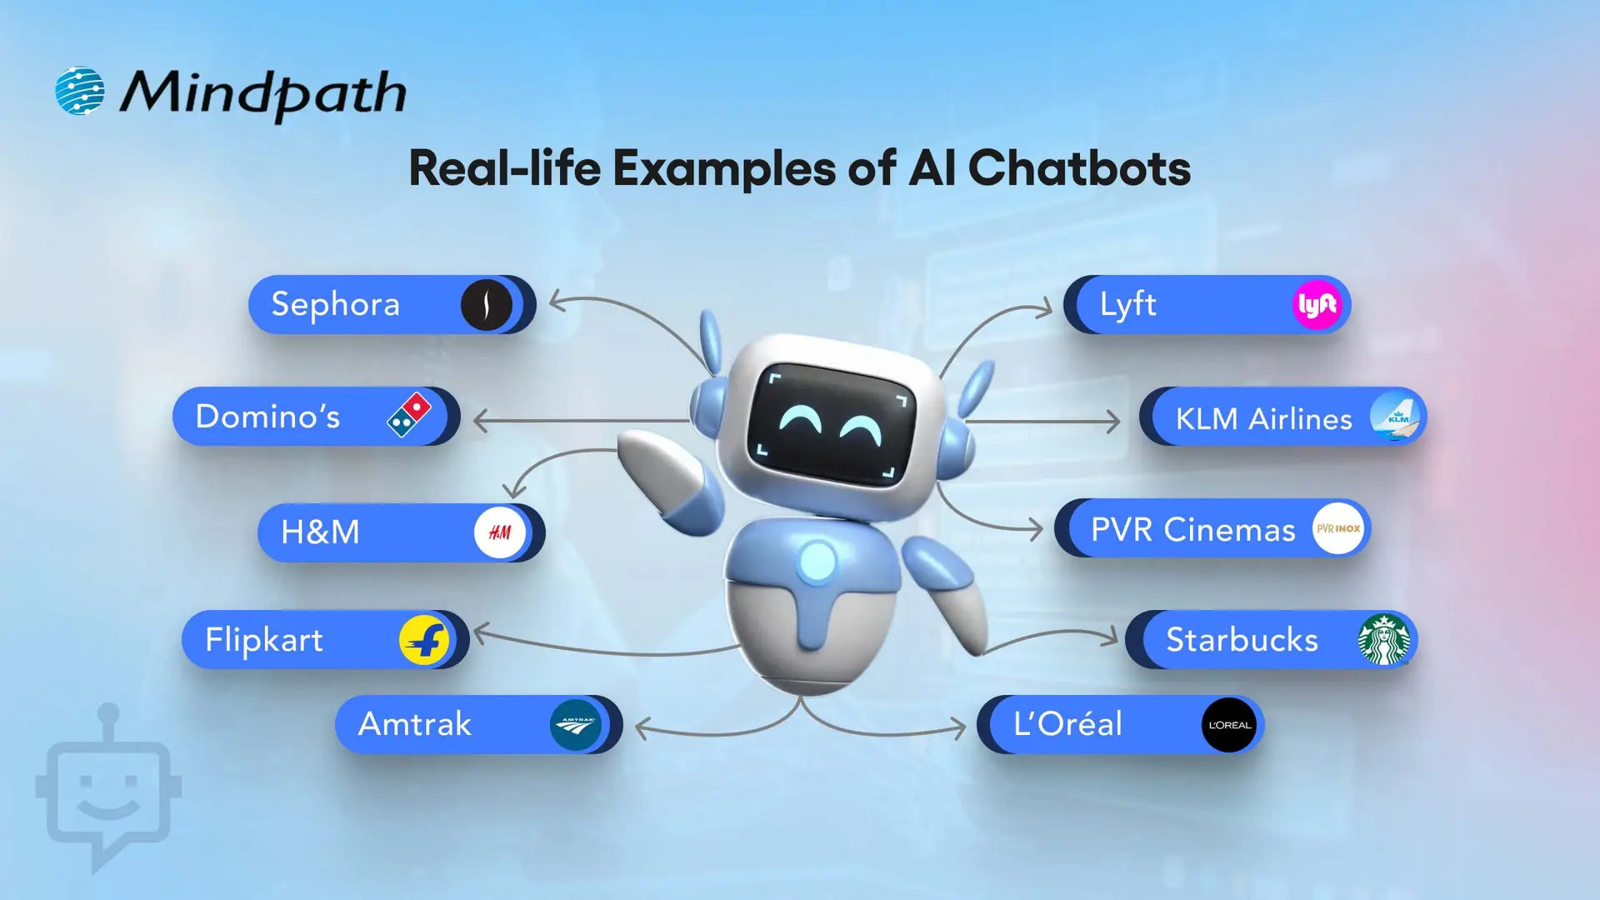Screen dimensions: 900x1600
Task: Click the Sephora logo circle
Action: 487,305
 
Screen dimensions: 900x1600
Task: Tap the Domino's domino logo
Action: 409,415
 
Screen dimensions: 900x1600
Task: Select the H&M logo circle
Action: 499,532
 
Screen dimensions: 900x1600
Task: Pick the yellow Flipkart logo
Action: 424,640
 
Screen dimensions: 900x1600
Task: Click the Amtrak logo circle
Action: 575,725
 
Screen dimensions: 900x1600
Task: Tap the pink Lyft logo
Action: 1317,305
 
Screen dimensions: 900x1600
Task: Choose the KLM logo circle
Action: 1395,417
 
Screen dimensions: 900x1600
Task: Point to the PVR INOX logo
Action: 1337,528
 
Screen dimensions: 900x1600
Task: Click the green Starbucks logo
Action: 1384,640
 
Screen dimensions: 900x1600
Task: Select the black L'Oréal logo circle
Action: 1229,725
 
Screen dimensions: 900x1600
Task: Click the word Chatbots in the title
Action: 1078,168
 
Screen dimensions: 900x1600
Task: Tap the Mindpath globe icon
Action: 80,91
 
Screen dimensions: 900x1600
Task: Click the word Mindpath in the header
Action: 262,93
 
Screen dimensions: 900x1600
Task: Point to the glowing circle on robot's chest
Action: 817,561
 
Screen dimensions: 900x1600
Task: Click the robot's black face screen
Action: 831,423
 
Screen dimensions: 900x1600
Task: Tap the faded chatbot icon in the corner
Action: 108,792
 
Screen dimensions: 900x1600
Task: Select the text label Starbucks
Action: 1242,640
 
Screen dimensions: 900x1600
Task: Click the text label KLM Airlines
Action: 1263,418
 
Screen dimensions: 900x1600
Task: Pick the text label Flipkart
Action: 264,640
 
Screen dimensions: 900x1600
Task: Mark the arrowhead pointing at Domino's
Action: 480,421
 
